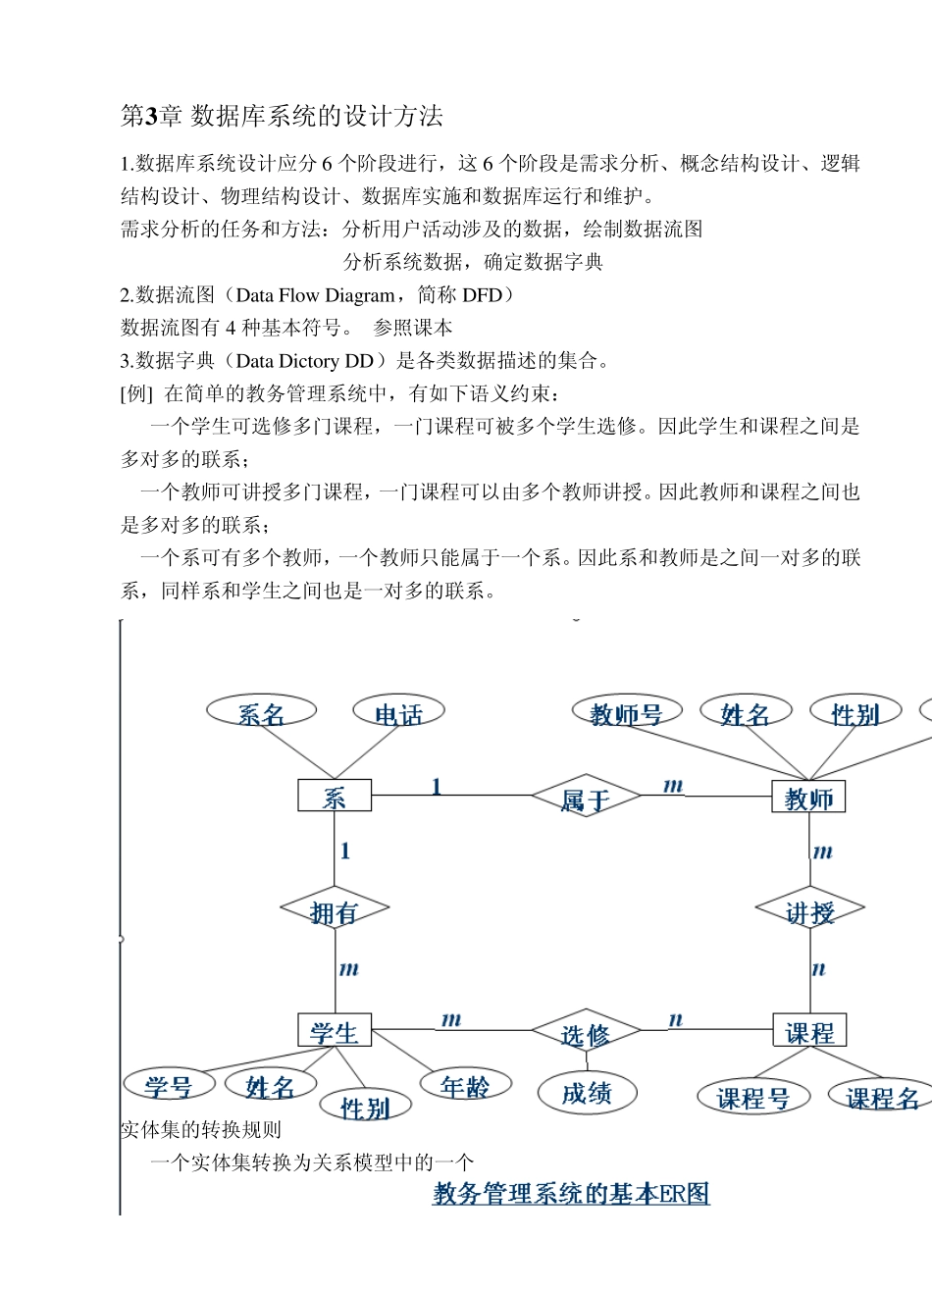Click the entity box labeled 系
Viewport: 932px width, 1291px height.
click(335, 796)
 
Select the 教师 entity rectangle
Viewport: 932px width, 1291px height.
click(808, 798)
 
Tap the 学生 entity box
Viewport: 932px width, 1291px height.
click(335, 1030)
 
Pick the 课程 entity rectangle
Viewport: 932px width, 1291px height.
click(809, 1030)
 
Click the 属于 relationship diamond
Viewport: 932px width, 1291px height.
click(586, 798)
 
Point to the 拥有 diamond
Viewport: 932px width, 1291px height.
click(334, 911)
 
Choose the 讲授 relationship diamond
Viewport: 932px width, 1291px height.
click(809, 911)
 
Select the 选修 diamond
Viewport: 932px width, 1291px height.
click(586, 1032)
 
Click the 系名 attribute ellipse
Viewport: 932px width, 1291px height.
click(261, 712)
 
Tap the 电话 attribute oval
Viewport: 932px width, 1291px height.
click(398, 712)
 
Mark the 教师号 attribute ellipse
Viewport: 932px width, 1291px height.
click(627, 712)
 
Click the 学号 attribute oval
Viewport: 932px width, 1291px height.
click(169, 1084)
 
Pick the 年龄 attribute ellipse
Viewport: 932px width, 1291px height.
click(465, 1084)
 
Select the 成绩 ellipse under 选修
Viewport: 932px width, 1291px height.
click(587, 1092)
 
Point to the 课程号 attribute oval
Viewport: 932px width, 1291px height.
click(753, 1097)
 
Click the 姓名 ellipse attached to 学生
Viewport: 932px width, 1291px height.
click(270, 1085)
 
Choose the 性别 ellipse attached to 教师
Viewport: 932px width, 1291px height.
click(854, 712)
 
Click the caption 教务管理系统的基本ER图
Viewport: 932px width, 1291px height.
click(571, 1193)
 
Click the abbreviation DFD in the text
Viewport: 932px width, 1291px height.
click(482, 295)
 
